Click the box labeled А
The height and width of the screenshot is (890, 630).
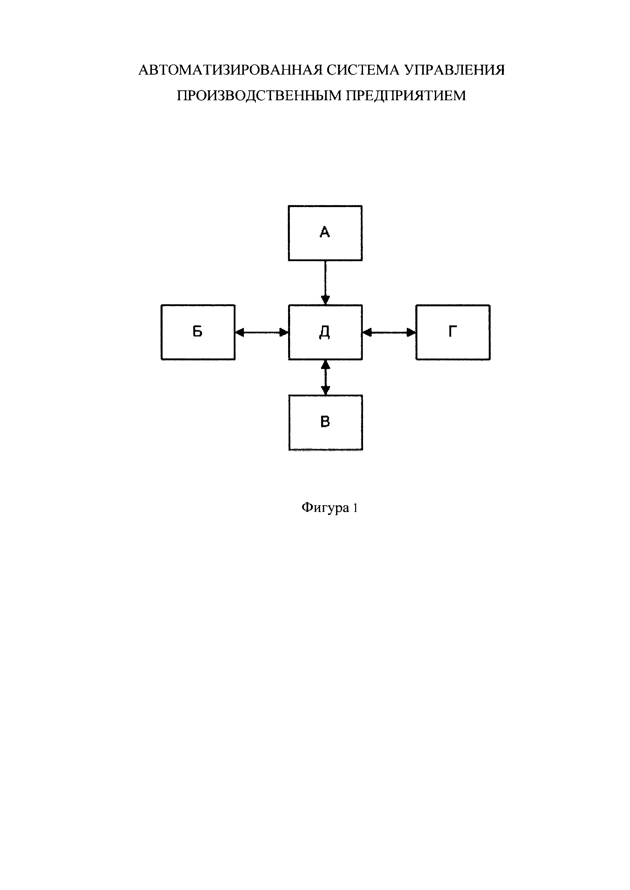(x=325, y=233)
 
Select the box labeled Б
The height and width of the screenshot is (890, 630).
(x=198, y=332)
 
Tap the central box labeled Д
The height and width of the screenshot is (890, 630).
(x=325, y=332)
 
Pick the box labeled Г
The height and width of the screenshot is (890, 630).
(x=453, y=332)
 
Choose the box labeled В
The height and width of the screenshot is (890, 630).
(x=325, y=422)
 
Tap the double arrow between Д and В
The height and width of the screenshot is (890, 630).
(x=325, y=377)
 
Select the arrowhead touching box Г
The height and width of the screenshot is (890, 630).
(x=411, y=332)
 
